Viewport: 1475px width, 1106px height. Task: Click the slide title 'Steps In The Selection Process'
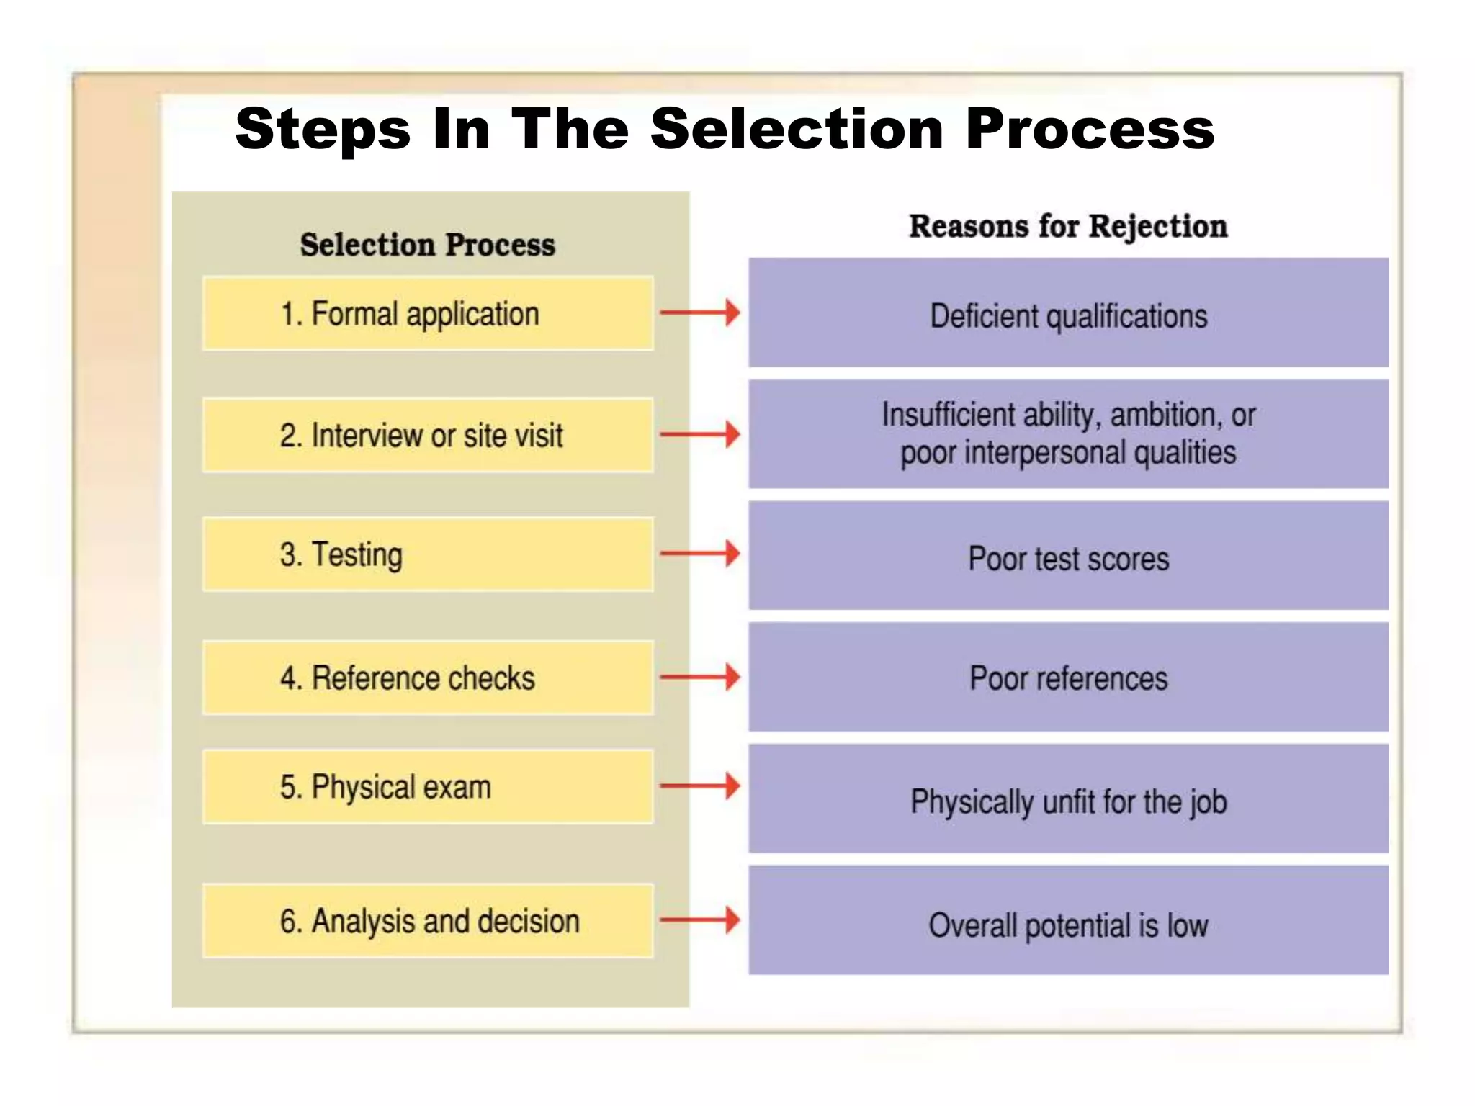pyautogui.click(x=725, y=130)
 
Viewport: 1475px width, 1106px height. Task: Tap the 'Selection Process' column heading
pyautogui.click(x=428, y=245)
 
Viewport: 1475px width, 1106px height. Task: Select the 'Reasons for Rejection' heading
pyautogui.click(x=1068, y=226)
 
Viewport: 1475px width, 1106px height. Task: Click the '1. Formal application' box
pyautogui.click(x=428, y=313)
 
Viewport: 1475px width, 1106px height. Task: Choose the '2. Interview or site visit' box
pyautogui.click(x=428, y=435)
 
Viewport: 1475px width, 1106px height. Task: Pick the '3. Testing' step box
pyautogui.click(x=428, y=554)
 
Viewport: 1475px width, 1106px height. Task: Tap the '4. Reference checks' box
pyautogui.click(x=428, y=678)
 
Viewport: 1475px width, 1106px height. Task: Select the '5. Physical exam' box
pyautogui.click(x=428, y=786)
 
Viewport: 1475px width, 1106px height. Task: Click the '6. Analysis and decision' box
pyautogui.click(x=428, y=920)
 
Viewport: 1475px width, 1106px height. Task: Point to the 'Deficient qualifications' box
pyautogui.click(x=1068, y=313)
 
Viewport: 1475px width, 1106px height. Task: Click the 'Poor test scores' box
pyautogui.click(x=1068, y=556)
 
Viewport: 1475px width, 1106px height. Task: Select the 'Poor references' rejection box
pyautogui.click(x=1068, y=677)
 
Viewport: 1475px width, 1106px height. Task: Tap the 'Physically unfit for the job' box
pyautogui.click(x=1068, y=799)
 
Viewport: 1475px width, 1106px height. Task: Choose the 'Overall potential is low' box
pyautogui.click(x=1068, y=920)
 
